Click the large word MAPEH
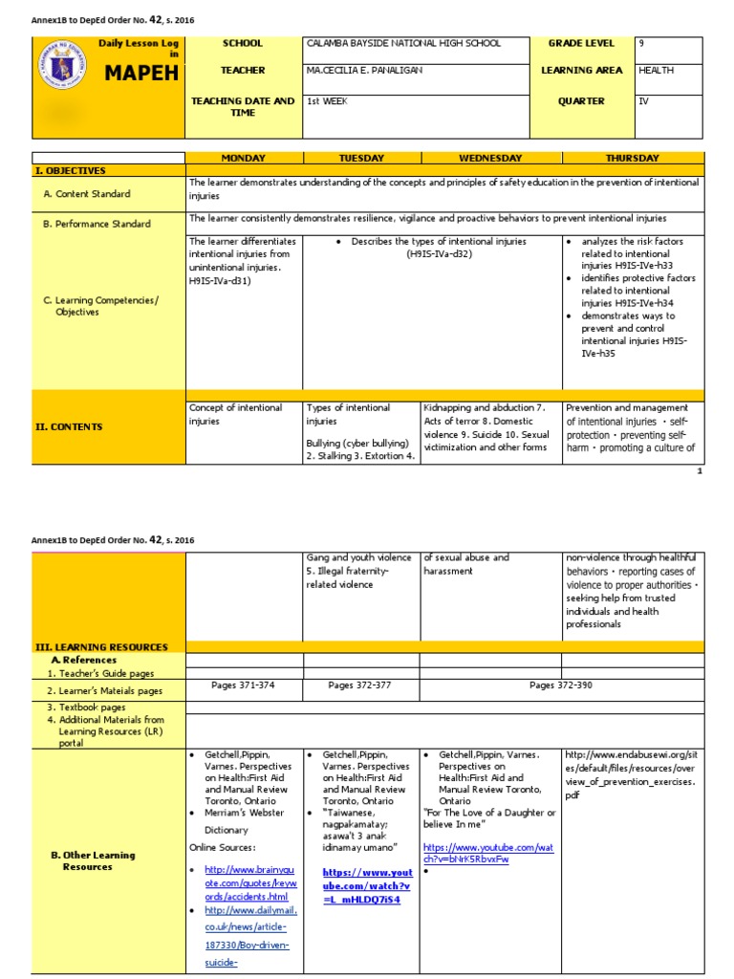click(x=141, y=75)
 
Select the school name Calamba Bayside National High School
click(x=402, y=44)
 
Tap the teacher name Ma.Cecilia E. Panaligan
click(x=364, y=71)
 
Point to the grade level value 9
click(x=641, y=44)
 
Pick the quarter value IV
click(x=643, y=100)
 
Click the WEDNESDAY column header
click(x=490, y=158)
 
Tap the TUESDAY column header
click(x=361, y=158)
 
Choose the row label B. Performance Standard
click(x=97, y=224)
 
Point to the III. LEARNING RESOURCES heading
click(x=100, y=647)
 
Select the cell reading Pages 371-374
click(x=244, y=685)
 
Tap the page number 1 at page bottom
click(x=700, y=470)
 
